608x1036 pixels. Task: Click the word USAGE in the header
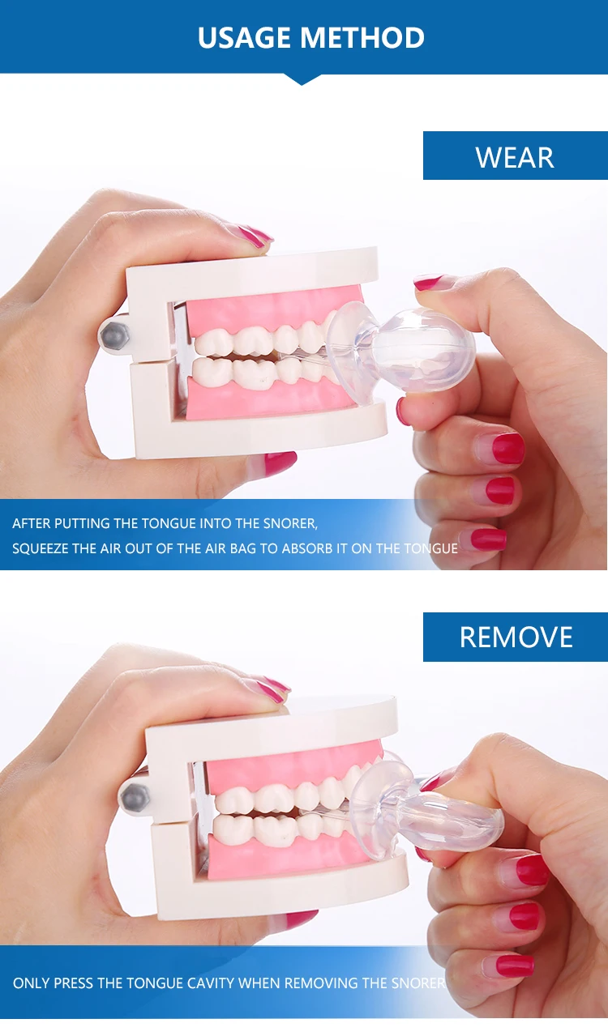pyautogui.click(x=245, y=37)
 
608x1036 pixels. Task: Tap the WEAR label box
pyautogui.click(x=515, y=156)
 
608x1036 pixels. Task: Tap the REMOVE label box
pyautogui.click(x=516, y=637)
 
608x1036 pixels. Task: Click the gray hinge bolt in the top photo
pyautogui.click(x=113, y=334)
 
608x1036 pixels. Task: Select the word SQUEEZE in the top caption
pyautogui.click(x=41, y=548)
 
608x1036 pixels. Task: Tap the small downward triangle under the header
pyautogui.click(x=303, y=79)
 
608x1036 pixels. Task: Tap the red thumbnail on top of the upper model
pyautogui.click(x=255, y=236)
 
